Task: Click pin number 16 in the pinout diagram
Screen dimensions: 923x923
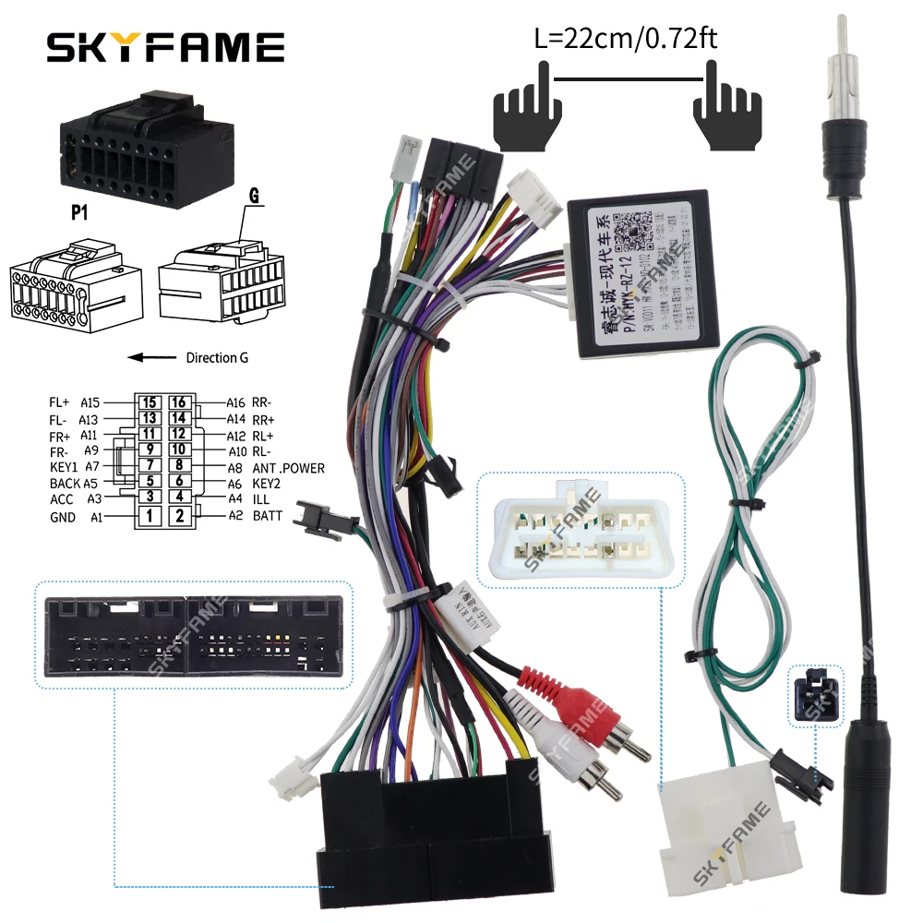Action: (x=180, y=402)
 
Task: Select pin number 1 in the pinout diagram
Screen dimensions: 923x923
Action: (x=150, y=516)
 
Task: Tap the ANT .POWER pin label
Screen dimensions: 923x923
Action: (x=288, y=468)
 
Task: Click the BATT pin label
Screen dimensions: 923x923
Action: (x=268, y=516)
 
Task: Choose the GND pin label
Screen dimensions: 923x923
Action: (x=63, y=517)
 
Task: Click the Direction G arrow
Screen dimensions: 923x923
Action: (x=152, y=357)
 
